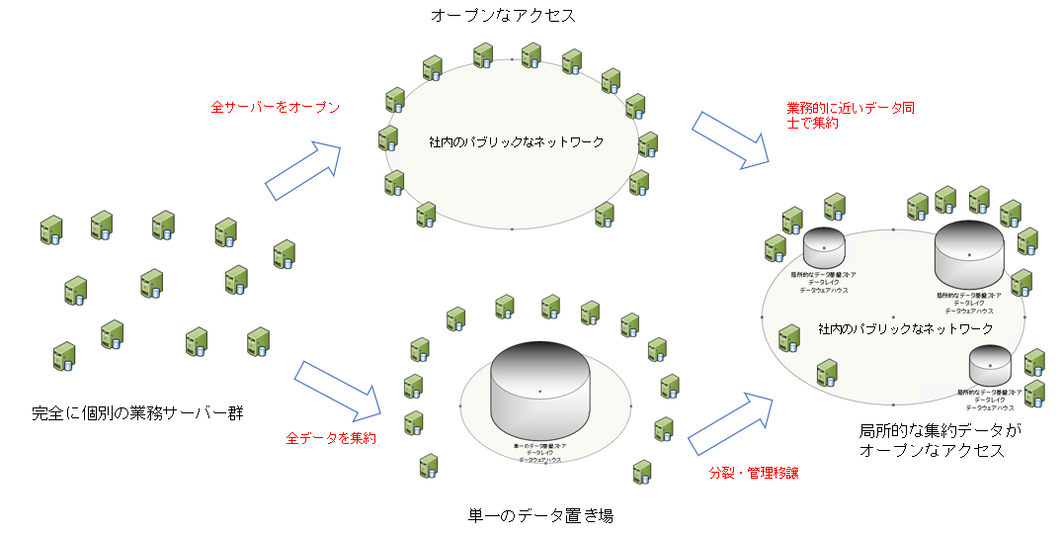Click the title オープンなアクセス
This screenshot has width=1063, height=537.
(503, 17)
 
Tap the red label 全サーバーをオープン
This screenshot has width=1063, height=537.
(276, 106)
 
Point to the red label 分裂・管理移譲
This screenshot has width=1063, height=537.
(754, 473)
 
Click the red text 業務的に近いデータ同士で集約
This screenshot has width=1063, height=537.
(850, 115)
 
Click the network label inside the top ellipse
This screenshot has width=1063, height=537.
(516, 142)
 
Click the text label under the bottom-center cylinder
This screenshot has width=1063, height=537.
(539, 453)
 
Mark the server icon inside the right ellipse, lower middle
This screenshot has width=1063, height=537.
(827, 372)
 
